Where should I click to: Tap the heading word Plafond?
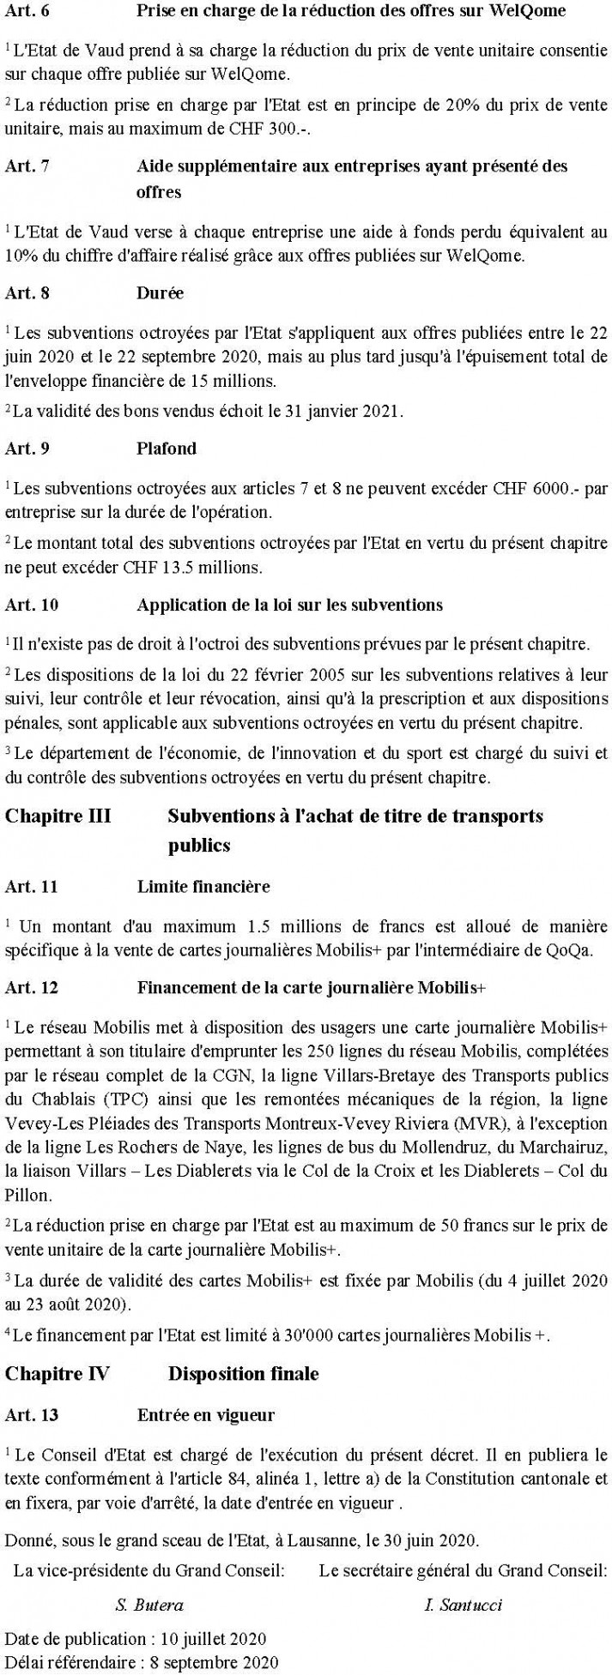pyautogui.click(x=167, y=448)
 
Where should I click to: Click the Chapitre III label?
pyautogui.click(x=58, y=815)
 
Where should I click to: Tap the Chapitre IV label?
pyautogui.click(x=57, y=1373)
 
